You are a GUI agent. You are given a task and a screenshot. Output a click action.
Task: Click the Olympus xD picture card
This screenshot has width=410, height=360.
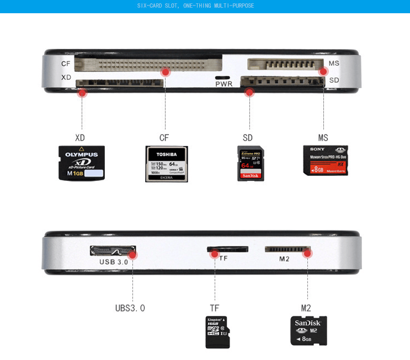point(82,163)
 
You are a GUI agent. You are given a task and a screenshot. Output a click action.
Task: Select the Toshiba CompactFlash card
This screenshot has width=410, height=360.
point(167,164)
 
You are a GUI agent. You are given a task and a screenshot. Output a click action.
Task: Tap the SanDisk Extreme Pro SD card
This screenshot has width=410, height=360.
point(251,163)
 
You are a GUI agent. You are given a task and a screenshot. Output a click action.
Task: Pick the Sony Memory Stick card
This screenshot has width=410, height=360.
point(326,160)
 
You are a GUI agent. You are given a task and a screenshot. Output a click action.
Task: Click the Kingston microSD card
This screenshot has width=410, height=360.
point(217,332)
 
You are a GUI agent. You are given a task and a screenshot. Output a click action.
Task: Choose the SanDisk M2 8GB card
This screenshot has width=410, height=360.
point(308,330)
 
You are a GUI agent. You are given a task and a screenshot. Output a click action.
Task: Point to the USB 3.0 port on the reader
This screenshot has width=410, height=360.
point(112,251)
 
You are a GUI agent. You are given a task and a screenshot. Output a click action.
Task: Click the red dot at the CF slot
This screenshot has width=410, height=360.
point(166,72)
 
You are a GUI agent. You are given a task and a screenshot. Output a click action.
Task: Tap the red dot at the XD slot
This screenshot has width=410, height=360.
point(83,93)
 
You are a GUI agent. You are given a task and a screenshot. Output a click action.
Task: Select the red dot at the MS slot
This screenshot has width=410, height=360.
point(323,72)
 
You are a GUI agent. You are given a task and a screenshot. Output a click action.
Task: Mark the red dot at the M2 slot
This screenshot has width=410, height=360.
point(307,254)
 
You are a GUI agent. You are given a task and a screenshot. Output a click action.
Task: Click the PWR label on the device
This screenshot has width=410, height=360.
point(224,84)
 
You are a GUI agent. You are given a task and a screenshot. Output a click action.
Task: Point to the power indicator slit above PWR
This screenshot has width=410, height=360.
point(222,78)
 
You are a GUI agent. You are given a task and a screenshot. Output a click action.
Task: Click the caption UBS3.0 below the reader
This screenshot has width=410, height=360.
point(130,308)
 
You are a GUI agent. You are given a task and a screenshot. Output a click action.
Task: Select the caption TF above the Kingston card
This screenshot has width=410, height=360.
point(215,308)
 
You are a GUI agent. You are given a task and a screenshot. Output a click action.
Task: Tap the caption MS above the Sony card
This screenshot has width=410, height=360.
point(323,138)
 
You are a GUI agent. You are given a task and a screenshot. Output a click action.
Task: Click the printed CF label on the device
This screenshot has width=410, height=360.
point(66,64)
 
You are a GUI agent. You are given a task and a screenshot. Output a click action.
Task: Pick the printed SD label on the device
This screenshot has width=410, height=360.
point(334,80)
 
